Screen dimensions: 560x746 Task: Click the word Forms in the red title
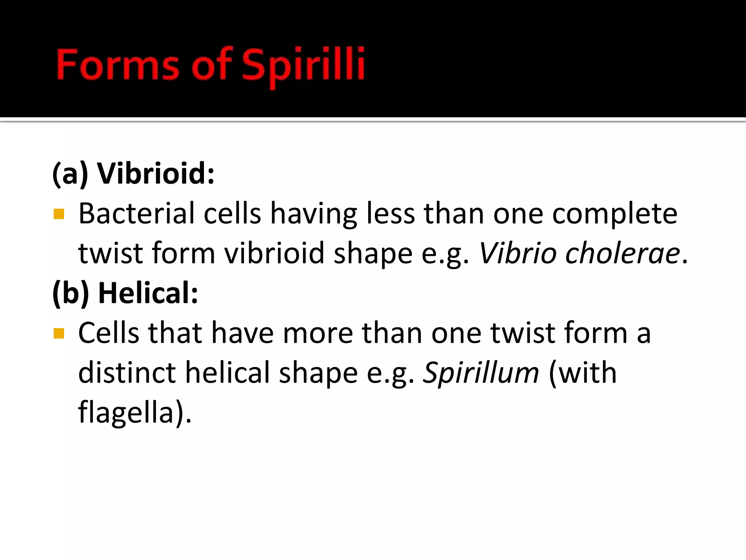click(118, 65)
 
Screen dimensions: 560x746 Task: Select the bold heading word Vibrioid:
click(156, 174)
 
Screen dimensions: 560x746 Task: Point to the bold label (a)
click(70, 174)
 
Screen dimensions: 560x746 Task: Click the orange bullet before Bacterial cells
click(59, 214)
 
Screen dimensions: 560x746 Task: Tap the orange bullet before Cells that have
click(59, 333)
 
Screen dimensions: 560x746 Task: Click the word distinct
click(127, 373)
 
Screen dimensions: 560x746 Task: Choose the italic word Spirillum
click(480, 373)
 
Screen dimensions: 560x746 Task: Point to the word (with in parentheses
click(582, 373)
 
